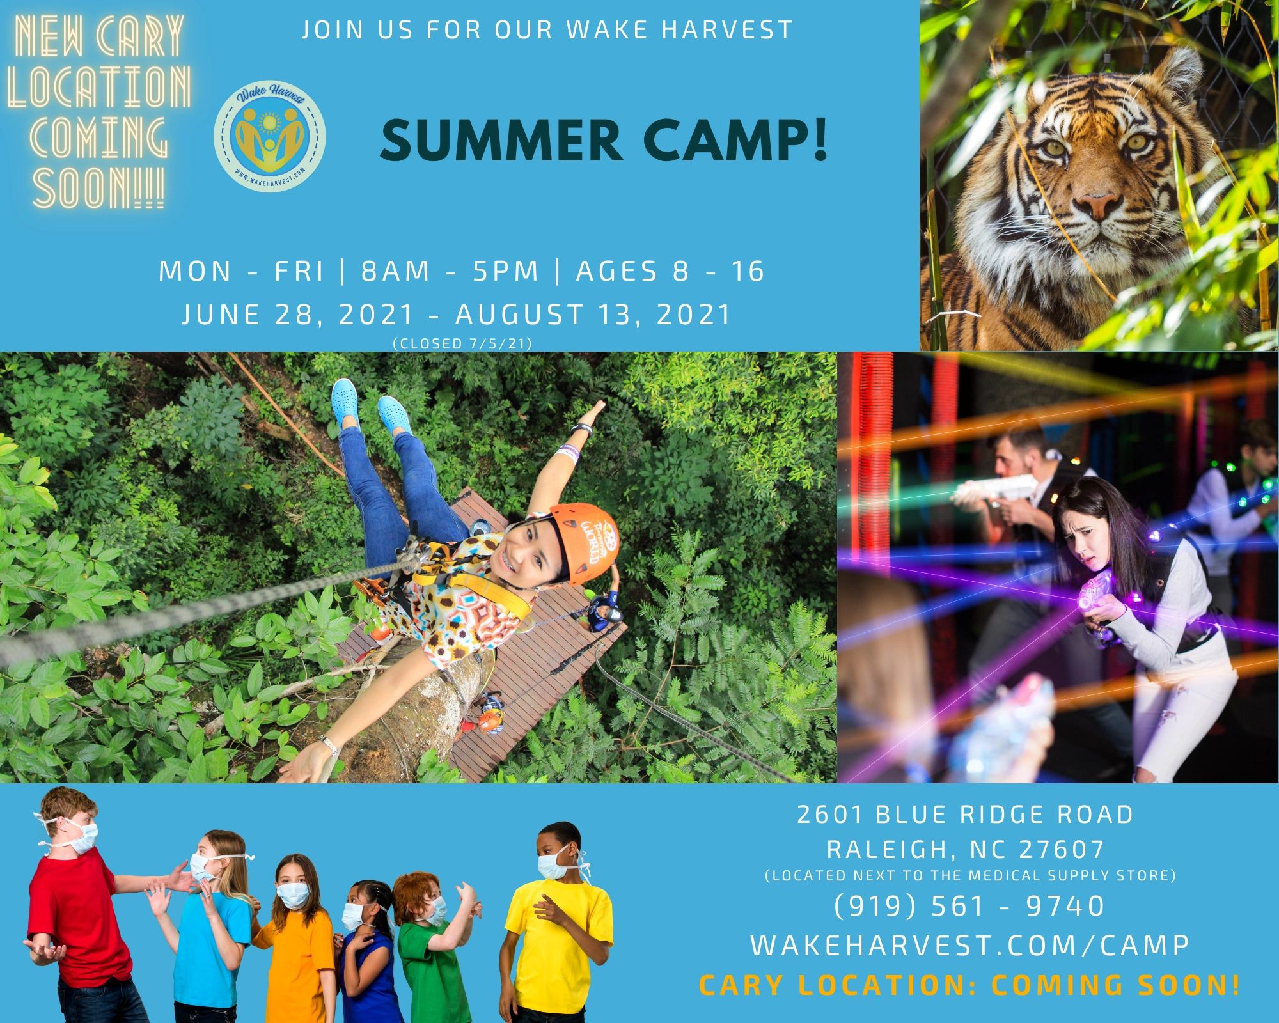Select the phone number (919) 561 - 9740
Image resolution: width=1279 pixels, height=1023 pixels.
(969, 906)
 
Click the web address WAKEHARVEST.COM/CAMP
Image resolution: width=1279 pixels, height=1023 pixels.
(969, 946)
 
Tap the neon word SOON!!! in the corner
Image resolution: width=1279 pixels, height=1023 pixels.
(99, 189)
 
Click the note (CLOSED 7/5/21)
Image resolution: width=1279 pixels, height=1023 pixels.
(462, 343)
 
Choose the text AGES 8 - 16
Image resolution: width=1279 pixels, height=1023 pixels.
(670, 271)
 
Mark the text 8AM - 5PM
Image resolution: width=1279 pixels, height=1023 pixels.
(450, 271)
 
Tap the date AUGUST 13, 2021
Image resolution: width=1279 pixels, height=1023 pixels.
(593, 315)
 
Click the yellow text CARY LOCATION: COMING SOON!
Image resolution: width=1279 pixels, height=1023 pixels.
(969, 985)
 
